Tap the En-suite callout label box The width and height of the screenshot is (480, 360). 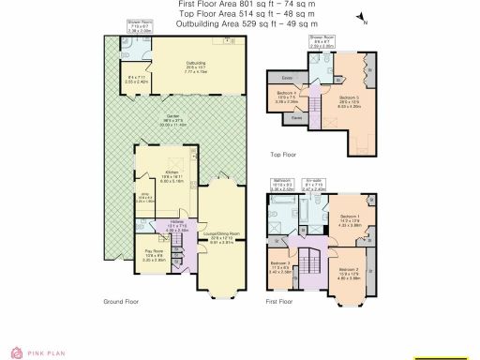314,185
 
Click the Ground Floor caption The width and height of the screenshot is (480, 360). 121,302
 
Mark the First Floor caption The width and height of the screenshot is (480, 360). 280,302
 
